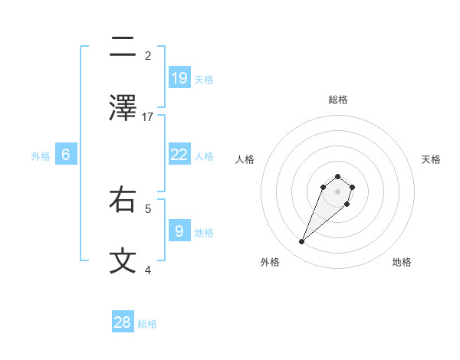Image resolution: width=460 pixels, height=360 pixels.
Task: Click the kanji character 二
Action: (x=123, y=47)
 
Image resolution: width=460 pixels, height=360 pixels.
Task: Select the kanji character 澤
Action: (x=123, y=107)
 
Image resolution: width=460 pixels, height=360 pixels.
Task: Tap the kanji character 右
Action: (x=123, y=199)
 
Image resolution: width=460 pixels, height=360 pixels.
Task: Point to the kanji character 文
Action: (x=123, y=260)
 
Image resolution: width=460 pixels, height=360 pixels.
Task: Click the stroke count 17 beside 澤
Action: (x=148, y=116)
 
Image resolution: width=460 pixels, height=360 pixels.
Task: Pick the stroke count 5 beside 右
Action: (x=148, y=208)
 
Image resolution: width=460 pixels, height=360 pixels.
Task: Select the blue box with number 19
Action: (x=179, y=77)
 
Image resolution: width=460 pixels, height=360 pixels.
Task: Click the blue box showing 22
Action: (x=179, y=155)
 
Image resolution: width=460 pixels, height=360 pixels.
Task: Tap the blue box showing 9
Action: (x=179, y=231)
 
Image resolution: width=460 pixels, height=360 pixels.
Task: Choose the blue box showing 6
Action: (x=66, y=155)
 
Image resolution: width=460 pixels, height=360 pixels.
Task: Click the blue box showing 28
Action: (x=123, y=322)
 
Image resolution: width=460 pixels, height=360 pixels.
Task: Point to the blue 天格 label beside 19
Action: (x=204, y=79)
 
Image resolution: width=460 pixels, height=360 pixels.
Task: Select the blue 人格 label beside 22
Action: (x=204, y=156)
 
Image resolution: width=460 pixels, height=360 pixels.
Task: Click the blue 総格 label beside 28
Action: (x=147, y=324)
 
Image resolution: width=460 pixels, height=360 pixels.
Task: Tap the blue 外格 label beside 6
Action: (x=41, y=156)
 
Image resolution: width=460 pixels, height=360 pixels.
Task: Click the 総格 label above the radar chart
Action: (x=337, y=100)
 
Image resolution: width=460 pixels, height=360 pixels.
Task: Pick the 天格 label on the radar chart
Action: (x=431, y=159)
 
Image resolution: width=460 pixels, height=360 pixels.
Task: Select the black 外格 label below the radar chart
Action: (x=270, y=262)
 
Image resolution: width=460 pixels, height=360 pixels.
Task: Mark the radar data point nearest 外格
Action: (x=302, y=242)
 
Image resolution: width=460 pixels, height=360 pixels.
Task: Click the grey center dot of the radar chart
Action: (x=337, y=191)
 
